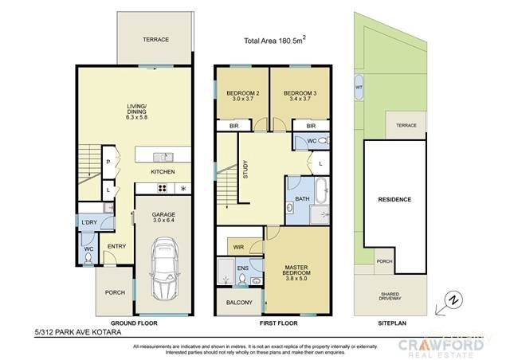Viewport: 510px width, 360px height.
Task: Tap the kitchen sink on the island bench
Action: tap(164, 157)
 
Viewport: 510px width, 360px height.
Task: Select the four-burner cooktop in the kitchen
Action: tap(162, 189)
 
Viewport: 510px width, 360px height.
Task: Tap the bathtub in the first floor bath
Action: tap(320, 191)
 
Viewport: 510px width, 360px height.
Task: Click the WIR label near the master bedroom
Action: tap(238, 247)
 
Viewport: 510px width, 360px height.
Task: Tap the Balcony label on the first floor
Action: tap(238, 303)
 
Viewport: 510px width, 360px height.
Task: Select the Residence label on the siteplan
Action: tap(394, 199)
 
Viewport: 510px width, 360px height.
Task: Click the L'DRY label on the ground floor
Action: tap(89, 222)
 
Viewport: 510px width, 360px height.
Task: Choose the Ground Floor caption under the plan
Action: tap(133, 323)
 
